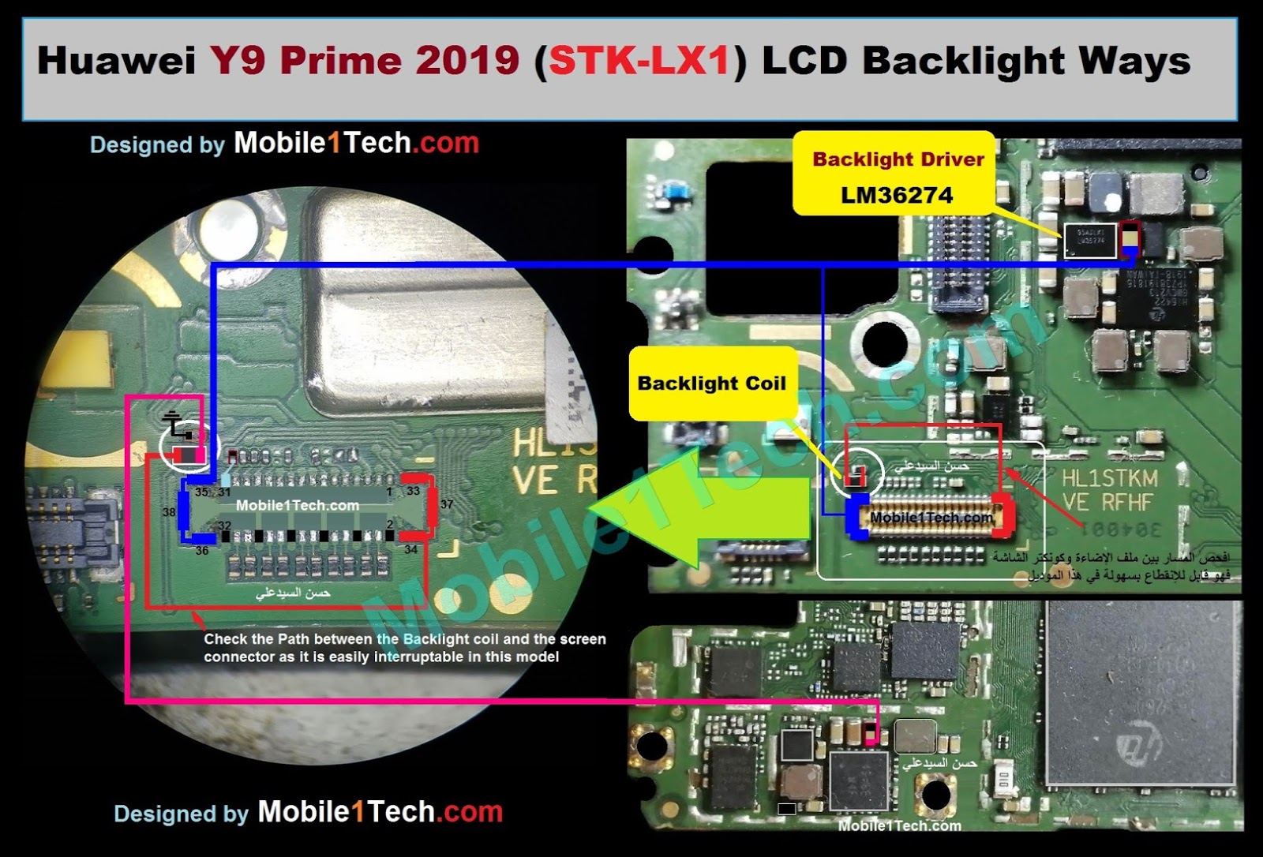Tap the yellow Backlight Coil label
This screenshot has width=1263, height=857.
tap(711, 384)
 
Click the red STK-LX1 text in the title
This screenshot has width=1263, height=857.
tap(639, 61)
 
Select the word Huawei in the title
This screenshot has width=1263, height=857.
tap(116, 61)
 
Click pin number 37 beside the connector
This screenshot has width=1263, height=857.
tap(447, 505)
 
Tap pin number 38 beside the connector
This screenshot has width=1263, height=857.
tap(169, 513)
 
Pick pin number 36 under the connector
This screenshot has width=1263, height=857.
tap(202, 551)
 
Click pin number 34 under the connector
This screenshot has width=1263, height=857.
tap(410, 549)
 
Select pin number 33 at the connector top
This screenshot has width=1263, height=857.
tap(413, 491)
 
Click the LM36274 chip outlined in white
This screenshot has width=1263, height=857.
tap(1090, 240)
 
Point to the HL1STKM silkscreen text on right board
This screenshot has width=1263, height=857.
tap(1109, 478)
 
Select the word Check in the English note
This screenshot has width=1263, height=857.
tap(223, 639)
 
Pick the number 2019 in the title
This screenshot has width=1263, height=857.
tap(467, 61)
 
